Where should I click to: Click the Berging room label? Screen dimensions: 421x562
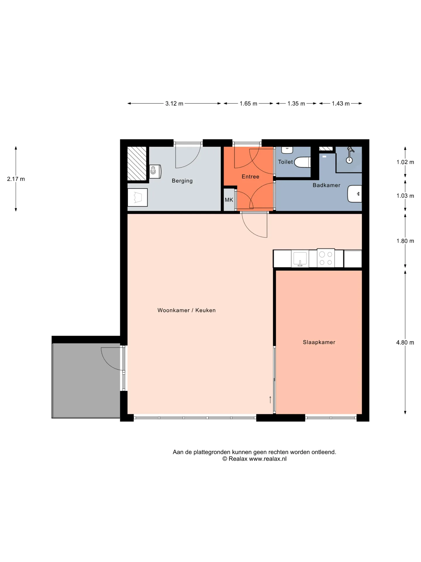[182, 181]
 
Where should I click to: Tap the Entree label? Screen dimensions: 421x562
[250, 177]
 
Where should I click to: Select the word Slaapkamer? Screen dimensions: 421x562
[319, 342]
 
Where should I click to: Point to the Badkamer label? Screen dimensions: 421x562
[326, 185]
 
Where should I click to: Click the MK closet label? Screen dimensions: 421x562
[229, 200]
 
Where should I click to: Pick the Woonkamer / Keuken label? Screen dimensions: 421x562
[187, 310]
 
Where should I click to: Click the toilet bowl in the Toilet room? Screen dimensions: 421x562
[302, 162]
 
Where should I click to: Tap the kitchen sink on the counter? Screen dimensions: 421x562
[300, 259]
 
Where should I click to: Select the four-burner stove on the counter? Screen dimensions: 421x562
[326, 258]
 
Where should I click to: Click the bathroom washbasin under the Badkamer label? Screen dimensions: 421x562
[355, 194]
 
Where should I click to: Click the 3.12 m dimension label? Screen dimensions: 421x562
[174, 104]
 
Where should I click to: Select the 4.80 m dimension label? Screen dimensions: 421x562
[405, 342]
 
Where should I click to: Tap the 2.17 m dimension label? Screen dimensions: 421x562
[16, 179]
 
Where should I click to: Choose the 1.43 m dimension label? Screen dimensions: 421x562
[341, 104]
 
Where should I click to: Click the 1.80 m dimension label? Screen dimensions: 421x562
[405, 241]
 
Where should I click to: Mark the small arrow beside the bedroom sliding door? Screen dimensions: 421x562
[270, 400]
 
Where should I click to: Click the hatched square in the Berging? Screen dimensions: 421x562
[137, 164]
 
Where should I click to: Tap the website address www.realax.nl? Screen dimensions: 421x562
[268, 459]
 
